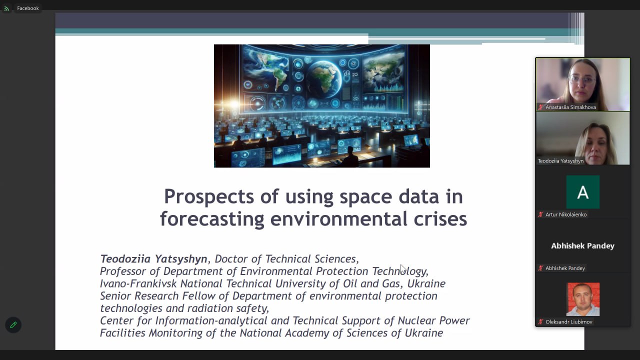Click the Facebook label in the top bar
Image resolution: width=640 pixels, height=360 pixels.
(x=27, y=8)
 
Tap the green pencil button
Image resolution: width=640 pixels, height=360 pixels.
(x=13, y=325)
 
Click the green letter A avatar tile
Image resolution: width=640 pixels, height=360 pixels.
(x=583, y=192)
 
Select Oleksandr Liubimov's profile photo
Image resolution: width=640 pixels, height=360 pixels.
(x=583, y=299)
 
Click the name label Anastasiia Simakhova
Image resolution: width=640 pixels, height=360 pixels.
(x=570, y=107)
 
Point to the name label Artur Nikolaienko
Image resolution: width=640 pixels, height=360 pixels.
(x=566, y=214)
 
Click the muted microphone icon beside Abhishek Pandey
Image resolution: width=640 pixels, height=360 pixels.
(x=540, y=268)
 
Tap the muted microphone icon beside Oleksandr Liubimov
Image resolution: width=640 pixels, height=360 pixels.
(x=540, y=321)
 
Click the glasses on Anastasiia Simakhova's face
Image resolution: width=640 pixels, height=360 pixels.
(x=582, y=79)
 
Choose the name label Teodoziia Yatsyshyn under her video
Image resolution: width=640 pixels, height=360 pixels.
(x=560, y=161)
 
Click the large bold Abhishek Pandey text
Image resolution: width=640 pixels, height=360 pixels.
(x=582, y=246)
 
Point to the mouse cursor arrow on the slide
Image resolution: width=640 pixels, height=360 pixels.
(x=403, y=269)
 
